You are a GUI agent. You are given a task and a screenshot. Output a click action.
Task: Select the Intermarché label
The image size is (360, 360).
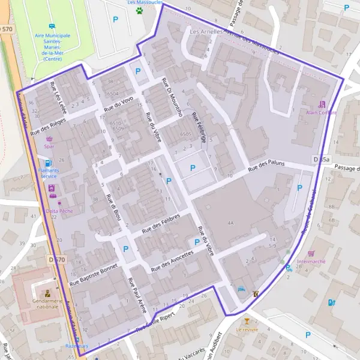pyautogui.click(x=311, y=262)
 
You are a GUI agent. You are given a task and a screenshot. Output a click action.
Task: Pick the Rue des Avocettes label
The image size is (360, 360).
pyautogui.click(x=173, y=259)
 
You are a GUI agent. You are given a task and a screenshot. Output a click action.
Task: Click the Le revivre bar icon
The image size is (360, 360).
pyautogui.click(x=246, y=322)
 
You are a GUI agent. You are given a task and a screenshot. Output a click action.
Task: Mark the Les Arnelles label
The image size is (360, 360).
pyautogui.click(x=206, y=30)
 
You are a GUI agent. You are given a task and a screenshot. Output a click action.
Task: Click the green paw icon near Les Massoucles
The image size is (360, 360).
pyautogui.click(x=139, y=10)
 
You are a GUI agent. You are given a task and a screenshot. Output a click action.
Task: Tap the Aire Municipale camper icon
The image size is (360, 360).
pyautogui.click(x=52, y=26)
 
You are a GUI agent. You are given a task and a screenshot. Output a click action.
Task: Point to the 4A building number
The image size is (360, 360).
pyautogui.click(x=230, y=223)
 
